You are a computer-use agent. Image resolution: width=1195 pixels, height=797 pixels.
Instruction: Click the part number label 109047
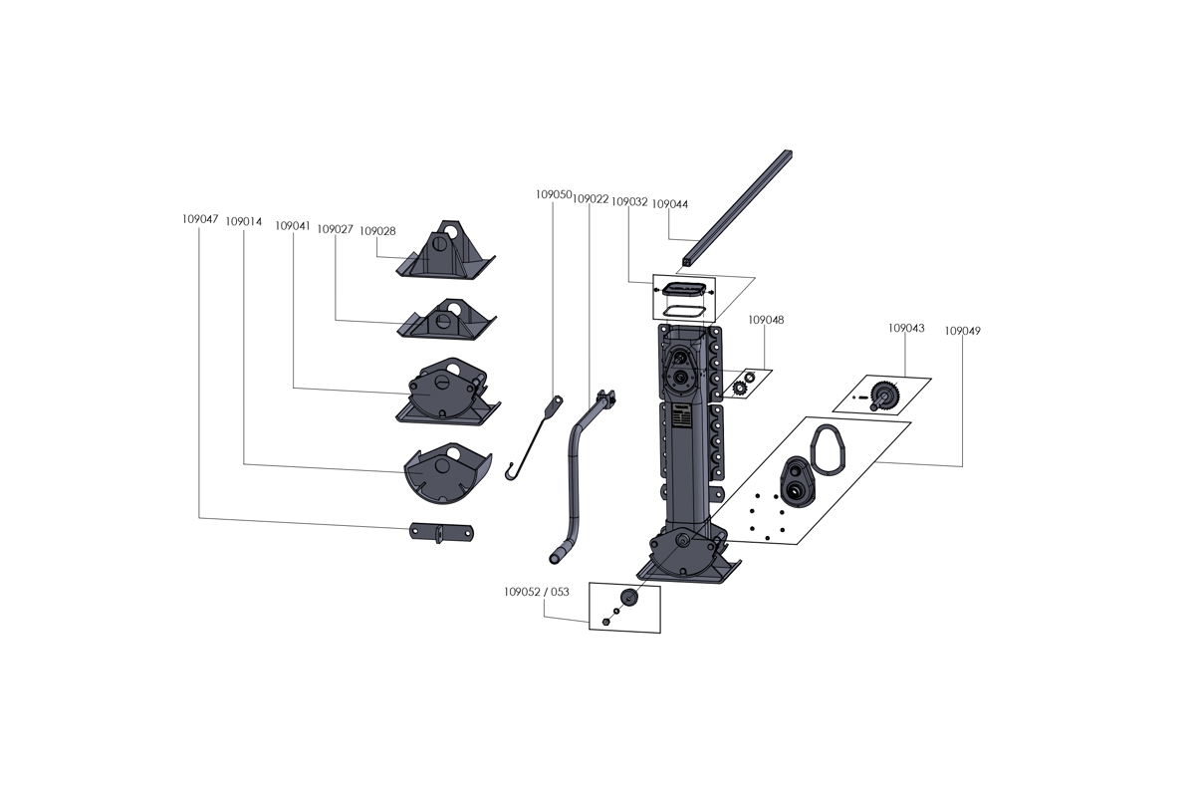coord(200,218)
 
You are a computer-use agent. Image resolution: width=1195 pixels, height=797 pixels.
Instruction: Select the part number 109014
coord(244,222)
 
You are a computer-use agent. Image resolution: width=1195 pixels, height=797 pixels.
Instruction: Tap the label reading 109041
coord(293,226)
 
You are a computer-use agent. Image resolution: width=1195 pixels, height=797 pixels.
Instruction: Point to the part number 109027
coord(336,229)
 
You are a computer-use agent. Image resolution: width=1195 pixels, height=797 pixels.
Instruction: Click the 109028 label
coord(377,231)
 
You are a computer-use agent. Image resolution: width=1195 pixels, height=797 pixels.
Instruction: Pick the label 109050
coord(553,195)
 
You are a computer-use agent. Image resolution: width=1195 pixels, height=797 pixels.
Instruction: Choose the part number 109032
coord(629,201)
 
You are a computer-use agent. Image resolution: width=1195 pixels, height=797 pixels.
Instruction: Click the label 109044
coord(670,203)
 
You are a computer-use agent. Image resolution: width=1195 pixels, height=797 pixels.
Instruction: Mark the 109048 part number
coord(766,320)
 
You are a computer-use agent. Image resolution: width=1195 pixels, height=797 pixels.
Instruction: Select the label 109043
coord(906,328)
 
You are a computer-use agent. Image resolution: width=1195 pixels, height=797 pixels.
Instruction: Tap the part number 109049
coord(962,330)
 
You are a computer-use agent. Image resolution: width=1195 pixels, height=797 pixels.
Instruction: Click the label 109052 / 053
coord(537,592)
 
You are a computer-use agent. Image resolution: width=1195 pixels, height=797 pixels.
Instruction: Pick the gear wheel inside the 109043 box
coord(884,394)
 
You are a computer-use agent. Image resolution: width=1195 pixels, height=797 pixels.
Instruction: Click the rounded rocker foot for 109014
coord(446,473)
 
